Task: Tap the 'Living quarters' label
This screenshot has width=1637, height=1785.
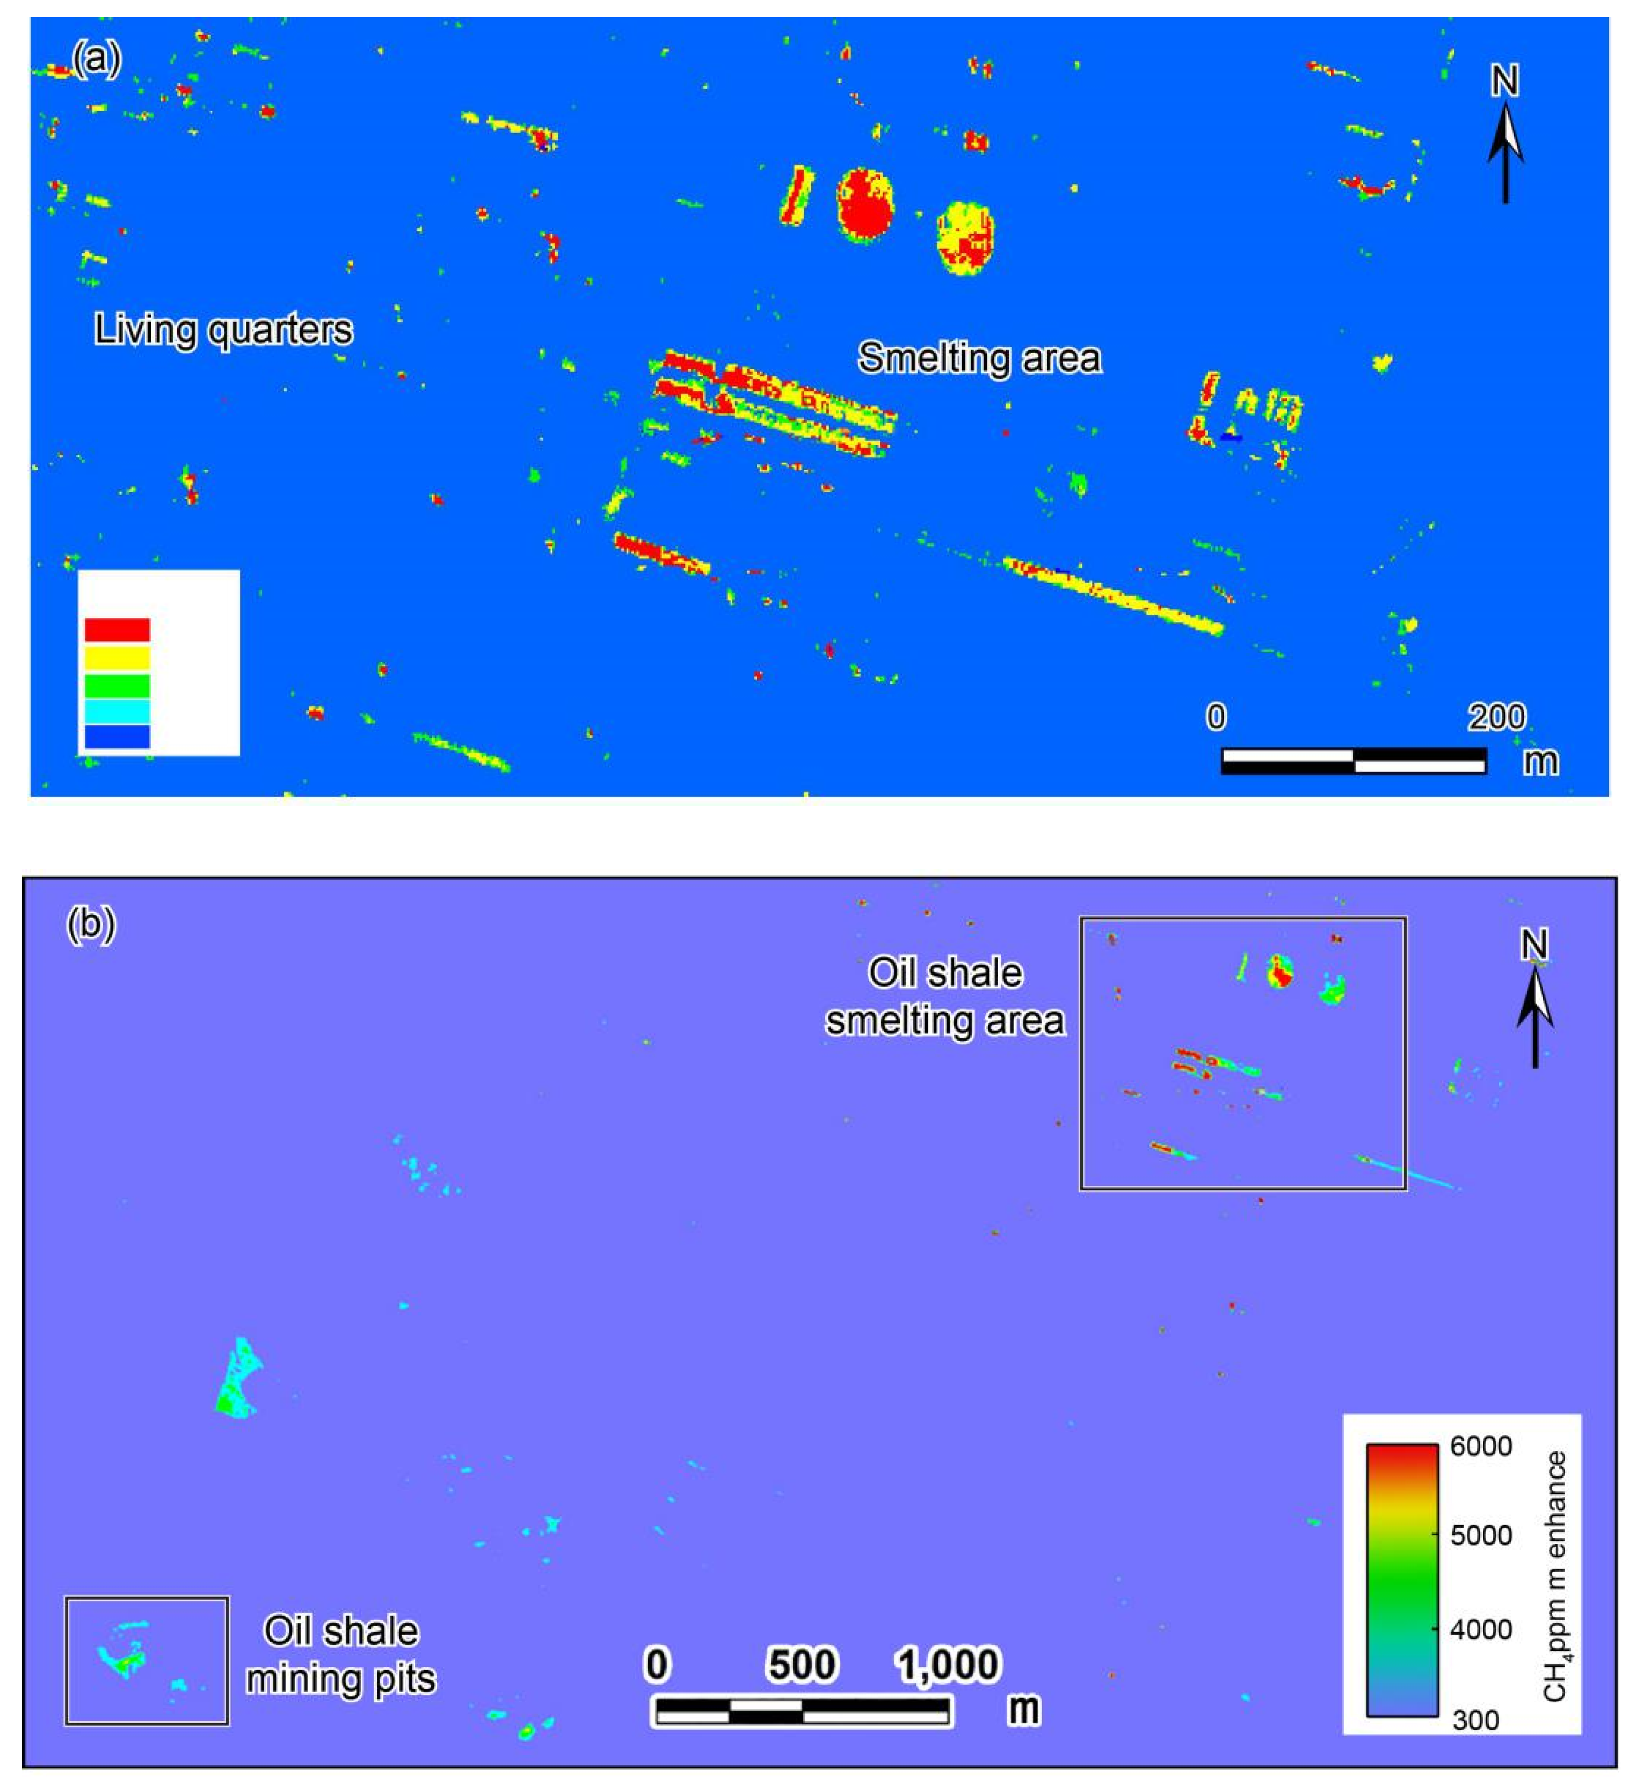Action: (x=223, y=330)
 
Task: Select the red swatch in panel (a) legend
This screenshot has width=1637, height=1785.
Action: (x=117, y=630)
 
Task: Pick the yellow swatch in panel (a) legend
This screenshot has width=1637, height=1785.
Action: (x=117, y=657)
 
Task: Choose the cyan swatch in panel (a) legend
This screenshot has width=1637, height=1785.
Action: (x=117, y=710)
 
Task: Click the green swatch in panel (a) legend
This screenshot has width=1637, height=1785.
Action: (x=117, y=685)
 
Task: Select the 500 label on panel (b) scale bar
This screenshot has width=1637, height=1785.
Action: (x=802, y=1665)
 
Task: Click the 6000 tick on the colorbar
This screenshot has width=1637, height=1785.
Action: (x=1481, y=1447)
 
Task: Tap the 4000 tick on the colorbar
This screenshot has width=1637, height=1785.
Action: (x=1481, y=1629)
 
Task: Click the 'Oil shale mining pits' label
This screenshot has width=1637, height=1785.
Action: (x=341, y=1655)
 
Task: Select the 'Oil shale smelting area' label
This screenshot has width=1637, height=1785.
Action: (x=945, y=997)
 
